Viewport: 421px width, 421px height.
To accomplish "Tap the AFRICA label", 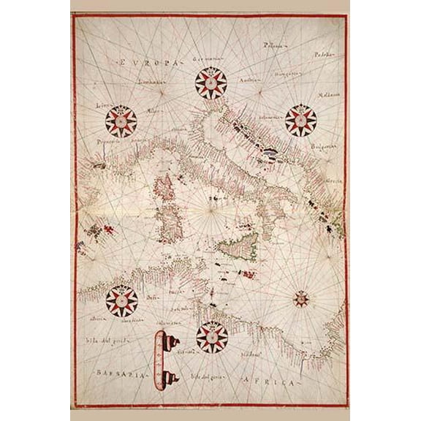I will pyautogui.click(x=271, y=382).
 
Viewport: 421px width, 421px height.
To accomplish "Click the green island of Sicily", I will pyautogui.click(x=241, y=246).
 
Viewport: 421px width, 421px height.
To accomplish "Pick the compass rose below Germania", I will pyautogui.click(x=209, y=85).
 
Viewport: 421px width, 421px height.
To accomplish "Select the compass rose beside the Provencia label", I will pyautogui.click(x=121, y=121).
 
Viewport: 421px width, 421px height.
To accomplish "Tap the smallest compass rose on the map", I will pyautogui.click(x=300, y=298).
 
